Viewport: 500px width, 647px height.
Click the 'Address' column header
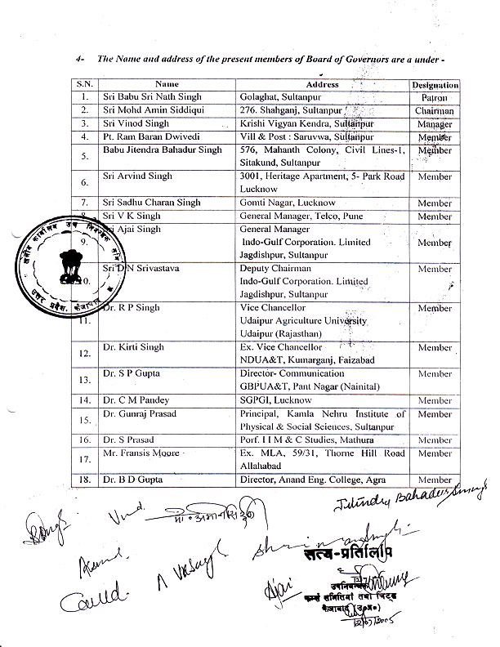321,83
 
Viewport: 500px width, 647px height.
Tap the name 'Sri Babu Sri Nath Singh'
145,96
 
